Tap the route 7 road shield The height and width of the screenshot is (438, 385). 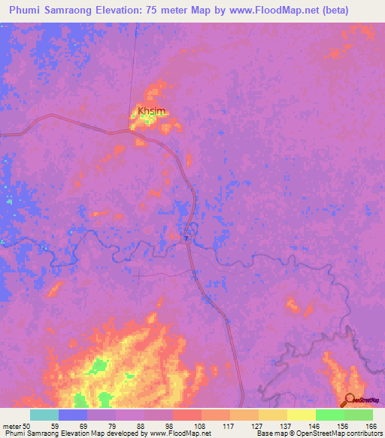pos(186,238)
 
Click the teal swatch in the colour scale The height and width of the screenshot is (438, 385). pos(44,415)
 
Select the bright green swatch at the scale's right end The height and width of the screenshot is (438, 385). pos(358,415)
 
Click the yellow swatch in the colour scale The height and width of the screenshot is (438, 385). pos(301,415)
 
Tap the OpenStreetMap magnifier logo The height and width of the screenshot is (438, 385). pos(349,400)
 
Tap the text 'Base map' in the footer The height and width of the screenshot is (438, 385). pos(270,433)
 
